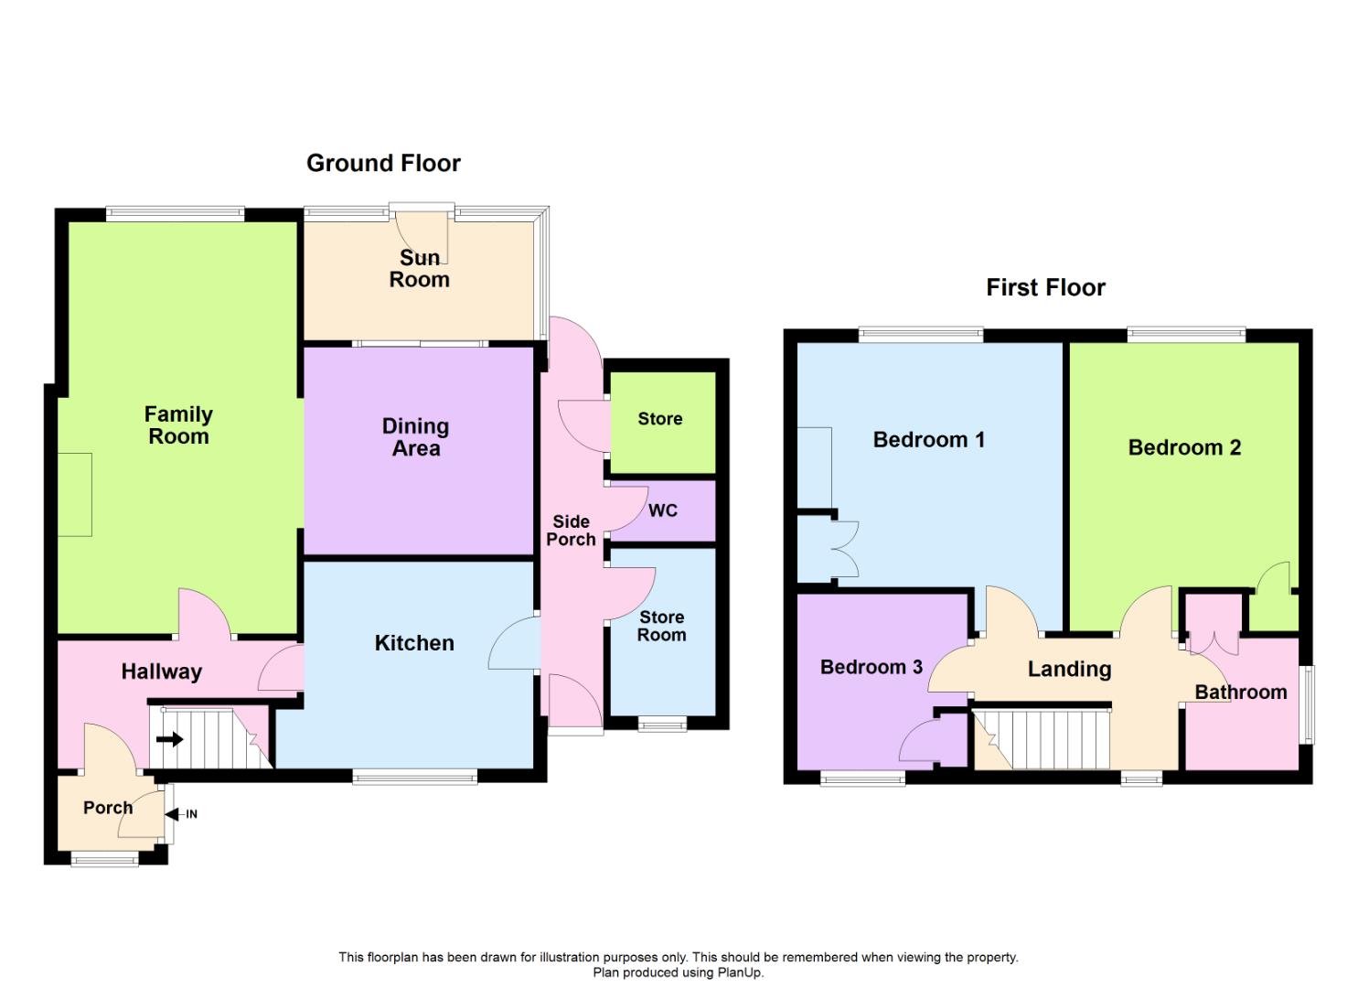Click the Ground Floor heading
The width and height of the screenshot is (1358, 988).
pos(383,163)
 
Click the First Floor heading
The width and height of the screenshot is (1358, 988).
pos(1045,287)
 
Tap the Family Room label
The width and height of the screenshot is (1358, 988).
pos(178,425)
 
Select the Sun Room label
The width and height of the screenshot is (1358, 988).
pos(420,269)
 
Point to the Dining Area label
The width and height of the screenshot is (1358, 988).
pos(416,437)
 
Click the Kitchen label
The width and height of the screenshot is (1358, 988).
pos(414,643)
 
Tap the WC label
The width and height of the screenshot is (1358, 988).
pos(663,510)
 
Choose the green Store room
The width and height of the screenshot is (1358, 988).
pos(661,419)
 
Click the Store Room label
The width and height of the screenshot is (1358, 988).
pos(661,627)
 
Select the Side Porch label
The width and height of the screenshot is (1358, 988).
pos(571,531)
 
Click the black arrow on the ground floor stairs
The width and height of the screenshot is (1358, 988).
pos(170,738)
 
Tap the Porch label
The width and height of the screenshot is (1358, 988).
pos(108,808)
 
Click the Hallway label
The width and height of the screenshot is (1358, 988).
pos(161,671)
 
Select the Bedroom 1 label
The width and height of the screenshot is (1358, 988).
pos(928,440)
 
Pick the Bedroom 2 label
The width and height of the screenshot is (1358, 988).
pos(1184,447)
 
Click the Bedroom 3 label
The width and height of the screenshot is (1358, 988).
pos(871,667)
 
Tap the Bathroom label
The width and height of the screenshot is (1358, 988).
pos(1241,693)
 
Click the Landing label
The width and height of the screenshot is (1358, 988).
pos(1069,669)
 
